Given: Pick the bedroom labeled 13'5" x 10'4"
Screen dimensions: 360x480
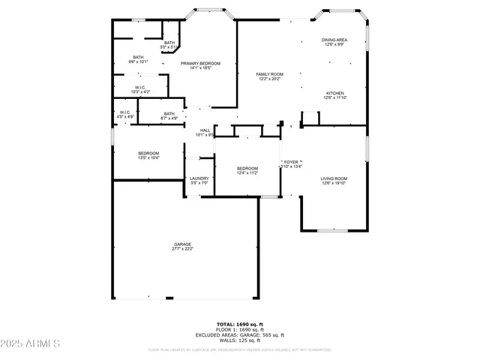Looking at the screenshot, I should coord(148,155).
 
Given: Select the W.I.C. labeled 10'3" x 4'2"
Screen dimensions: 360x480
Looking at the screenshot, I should coord(140,89).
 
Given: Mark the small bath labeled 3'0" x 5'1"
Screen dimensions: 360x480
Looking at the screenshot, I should coord(169,44).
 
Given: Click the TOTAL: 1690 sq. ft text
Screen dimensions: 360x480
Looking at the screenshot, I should coord(240,324).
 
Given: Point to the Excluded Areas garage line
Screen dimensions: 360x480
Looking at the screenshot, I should coord(240,334).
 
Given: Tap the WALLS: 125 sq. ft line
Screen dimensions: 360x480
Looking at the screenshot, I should coord(240,340).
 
